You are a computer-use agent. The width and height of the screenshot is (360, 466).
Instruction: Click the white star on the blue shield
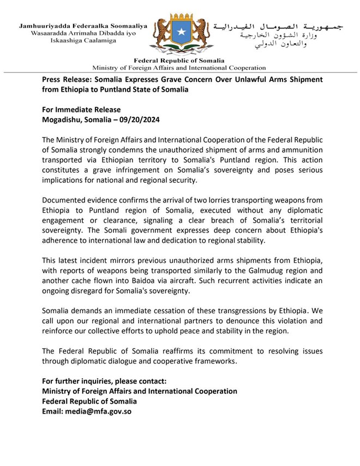pyautogui.click(x=181, y=34)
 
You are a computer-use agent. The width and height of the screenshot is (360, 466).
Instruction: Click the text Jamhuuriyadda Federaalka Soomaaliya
pyautogui.click(x=83, y=26)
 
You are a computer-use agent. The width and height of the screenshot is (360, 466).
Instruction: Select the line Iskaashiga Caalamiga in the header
pyautogui.click(x=83, y=41)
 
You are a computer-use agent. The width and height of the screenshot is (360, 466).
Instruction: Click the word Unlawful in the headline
pyautogui.click(x=236, y=80)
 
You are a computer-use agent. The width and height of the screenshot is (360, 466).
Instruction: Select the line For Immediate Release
pyautogui.click(x=81, y=110)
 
